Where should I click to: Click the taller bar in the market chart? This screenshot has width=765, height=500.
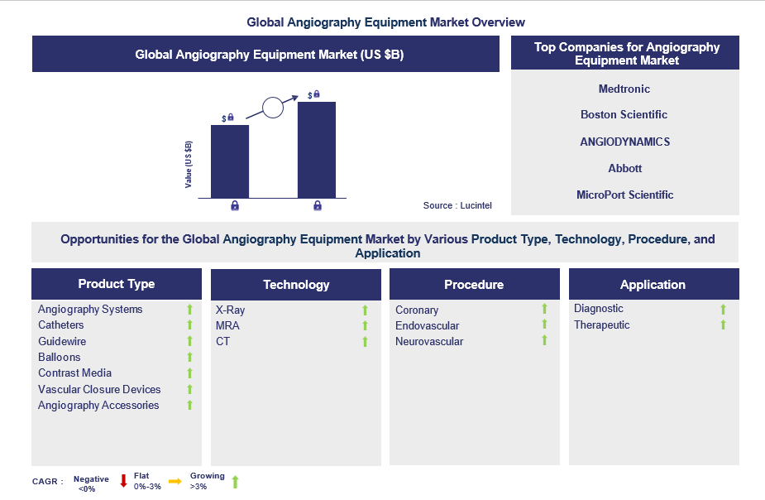pos(316,149)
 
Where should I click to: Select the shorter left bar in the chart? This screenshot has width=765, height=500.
pos(230,161)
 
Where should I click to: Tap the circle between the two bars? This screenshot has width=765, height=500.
pos(273,107)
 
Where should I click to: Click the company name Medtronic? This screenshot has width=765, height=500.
pos(624,89)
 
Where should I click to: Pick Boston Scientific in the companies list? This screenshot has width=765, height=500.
pos(624,114)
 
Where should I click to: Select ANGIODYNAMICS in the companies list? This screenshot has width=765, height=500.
pos(624,142)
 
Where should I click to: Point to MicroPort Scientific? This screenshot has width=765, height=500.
pos(624,195)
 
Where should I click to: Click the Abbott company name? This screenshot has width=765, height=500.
pos(624,168)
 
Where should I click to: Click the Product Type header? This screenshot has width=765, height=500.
pos(117,284)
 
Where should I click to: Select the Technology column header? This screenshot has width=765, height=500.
pos(296,285)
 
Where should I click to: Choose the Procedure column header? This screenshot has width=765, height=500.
pos(474,285)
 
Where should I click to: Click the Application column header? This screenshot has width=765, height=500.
pos(653,285)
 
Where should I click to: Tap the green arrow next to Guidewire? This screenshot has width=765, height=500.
pos(189,341)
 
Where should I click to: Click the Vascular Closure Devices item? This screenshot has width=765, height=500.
pos(99,389)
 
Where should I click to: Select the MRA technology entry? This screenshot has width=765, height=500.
pos(227,325)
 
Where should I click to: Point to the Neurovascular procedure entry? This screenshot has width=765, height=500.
pos(428,341)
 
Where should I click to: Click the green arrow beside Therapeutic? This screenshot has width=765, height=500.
pos(723,325)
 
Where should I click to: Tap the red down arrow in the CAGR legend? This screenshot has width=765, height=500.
pos(123,481)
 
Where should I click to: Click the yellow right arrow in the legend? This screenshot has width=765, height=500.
pos(175,481)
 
